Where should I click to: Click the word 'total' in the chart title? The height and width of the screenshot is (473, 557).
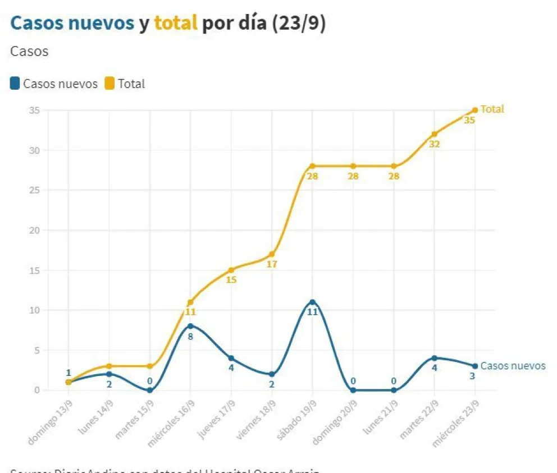point(176,24)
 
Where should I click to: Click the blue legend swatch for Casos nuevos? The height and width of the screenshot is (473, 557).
point(15,84)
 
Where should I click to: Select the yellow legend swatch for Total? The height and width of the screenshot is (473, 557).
point(109,84)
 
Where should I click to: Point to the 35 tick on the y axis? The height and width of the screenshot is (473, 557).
point(34,110)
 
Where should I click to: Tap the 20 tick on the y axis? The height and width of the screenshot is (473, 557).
point(34,230)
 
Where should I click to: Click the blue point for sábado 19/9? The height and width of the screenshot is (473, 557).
point(312,302)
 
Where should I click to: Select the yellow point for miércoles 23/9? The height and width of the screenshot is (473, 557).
point(475,110)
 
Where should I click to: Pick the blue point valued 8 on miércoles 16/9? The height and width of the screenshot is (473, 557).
point(190,326)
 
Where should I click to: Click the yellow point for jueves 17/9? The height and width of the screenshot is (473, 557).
point(231,270)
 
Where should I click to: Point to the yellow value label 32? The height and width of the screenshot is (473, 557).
point(434,144)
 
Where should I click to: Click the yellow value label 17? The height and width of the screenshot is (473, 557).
point(272,264)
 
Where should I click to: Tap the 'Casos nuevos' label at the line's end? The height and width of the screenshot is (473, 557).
point(513,366)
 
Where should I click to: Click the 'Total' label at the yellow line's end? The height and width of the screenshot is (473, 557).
point(492,109)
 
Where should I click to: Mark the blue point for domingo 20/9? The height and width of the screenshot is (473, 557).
point(353,390)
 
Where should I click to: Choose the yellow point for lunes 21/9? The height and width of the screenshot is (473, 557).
point(394,166)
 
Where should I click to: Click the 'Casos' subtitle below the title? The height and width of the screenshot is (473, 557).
point(29,52)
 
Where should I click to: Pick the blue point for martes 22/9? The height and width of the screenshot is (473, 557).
point(434,358)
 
